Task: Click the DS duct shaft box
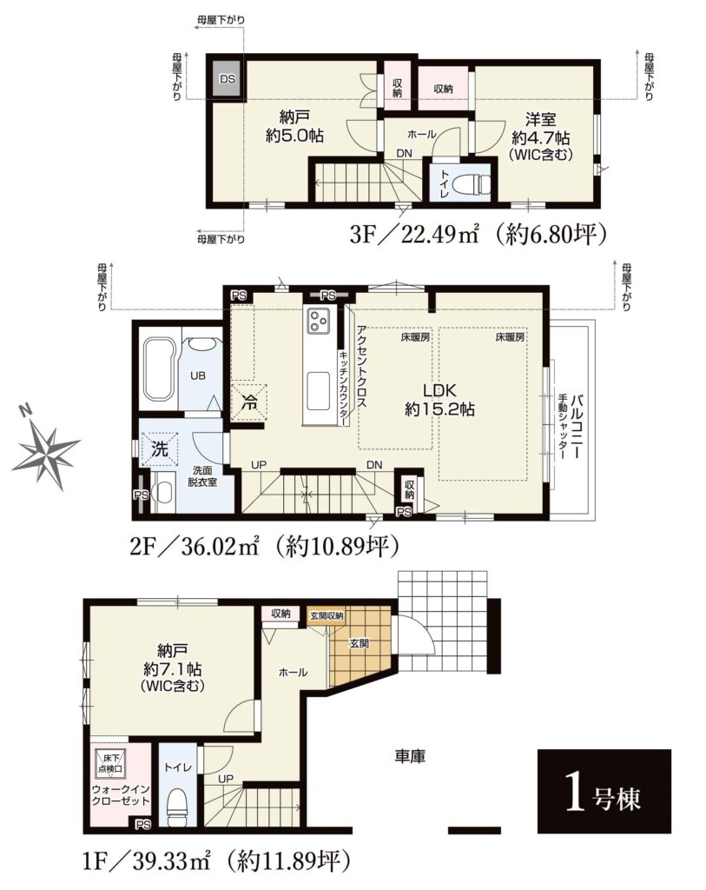(228, 79)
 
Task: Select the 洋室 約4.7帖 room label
(540, 136)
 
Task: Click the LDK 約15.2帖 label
(439, 400)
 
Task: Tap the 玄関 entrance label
(359, 643)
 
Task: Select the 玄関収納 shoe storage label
(327, 615)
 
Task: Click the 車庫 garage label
(409, 756)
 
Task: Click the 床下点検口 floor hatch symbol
(110, 763)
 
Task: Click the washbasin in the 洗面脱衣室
(164, 493)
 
